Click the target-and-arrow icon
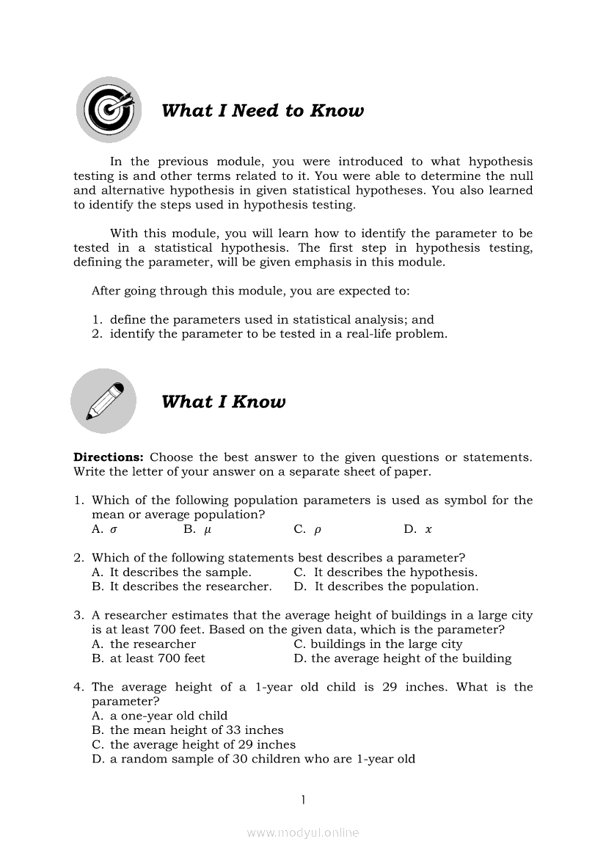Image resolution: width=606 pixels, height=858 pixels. pos(109,110)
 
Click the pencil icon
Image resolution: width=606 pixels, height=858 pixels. pos(103,401)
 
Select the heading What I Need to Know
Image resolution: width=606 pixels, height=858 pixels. pos(262,111)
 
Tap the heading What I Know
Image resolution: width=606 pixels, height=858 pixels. pos(223,401)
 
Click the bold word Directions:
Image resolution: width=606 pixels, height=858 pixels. pos(108,457)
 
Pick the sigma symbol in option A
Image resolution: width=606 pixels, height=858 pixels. pos(114,529)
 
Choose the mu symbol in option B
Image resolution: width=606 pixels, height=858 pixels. pos(208,529)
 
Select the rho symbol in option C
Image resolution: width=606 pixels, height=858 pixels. pos(318,529)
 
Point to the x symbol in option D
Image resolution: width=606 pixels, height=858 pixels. pos(428,529)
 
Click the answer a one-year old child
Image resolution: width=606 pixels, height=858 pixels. pos(169,716)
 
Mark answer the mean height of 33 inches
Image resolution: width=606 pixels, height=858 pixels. pos(197,730)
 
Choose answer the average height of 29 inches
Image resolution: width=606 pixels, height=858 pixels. pos(202,744)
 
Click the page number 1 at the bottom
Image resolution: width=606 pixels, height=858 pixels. pos(302,799)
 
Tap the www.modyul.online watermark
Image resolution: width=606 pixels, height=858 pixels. pos(303,832)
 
